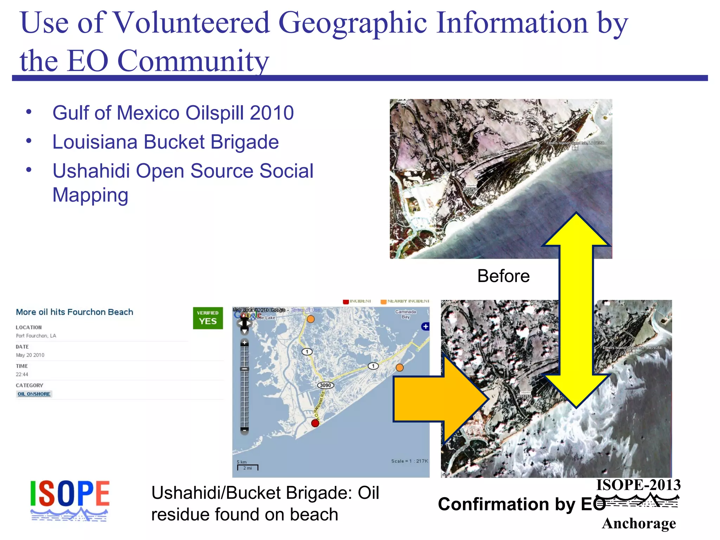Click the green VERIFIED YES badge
point(208,318)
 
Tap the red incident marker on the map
point(315,423)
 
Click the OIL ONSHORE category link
point(34,394)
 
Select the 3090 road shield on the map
point(325,385)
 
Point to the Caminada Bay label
point(405,314)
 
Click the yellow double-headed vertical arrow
point(576,309)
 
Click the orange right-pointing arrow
point(439,399)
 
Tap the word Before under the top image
point(503,276)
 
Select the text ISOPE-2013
point(638,485)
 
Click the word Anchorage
point(638,523)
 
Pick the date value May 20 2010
point(30,355)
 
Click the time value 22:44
point(22,374)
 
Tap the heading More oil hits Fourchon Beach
point(75,312)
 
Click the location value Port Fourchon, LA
point(36,336)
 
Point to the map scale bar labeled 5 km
point(247,466)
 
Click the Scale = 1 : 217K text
point(410,461)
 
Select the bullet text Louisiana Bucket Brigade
point(165,142)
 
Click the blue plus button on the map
point(425,326)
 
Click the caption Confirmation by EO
point(521,504)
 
